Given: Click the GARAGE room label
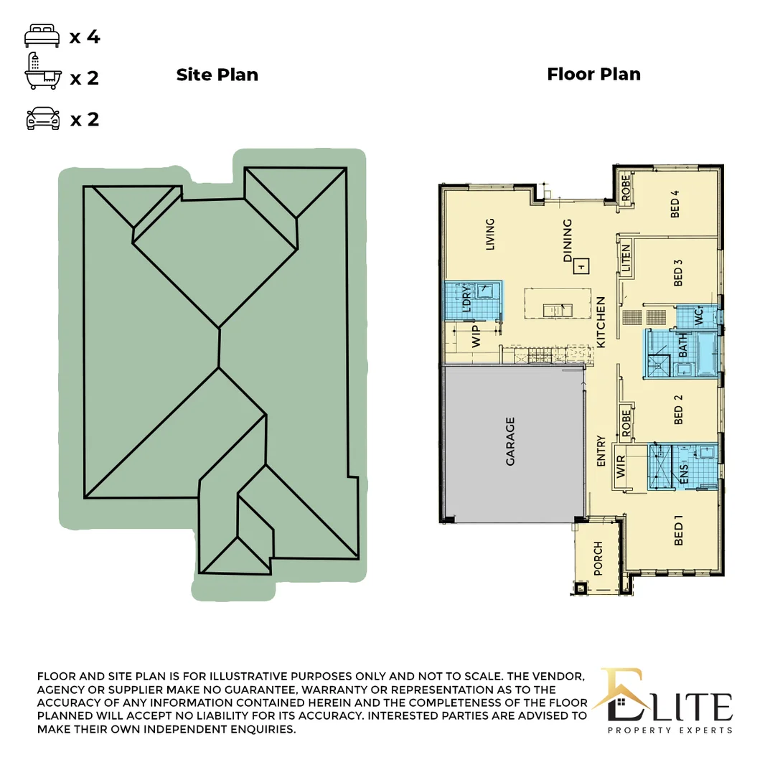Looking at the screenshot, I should point(510,441).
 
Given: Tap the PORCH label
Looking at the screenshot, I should point(598,559).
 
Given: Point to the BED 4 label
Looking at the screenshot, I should point(675,203).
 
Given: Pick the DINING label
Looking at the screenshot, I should point(568,240).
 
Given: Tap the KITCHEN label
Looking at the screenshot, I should point(601,322).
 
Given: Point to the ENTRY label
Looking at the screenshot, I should point(601,452).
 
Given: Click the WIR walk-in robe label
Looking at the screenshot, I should point(621,466).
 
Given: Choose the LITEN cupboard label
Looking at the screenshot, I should point(626,258).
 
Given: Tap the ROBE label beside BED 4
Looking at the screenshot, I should point(625,188).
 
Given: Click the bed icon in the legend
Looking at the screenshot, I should point(41,36).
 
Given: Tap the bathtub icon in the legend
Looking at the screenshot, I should point(41,72).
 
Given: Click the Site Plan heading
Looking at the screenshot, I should point(217,75).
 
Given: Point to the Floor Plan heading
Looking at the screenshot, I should point(593,74).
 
